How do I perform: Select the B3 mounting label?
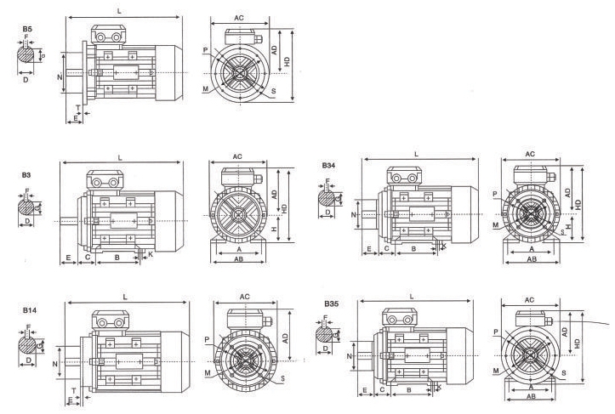[26, 174]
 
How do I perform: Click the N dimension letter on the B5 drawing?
[60, 77]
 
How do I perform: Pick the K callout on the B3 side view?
[151, 253]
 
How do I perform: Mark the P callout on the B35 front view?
[495, 331]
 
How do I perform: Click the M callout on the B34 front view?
[494, 225]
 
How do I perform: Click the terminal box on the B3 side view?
[104, 181]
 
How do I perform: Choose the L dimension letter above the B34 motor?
[416, 152]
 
